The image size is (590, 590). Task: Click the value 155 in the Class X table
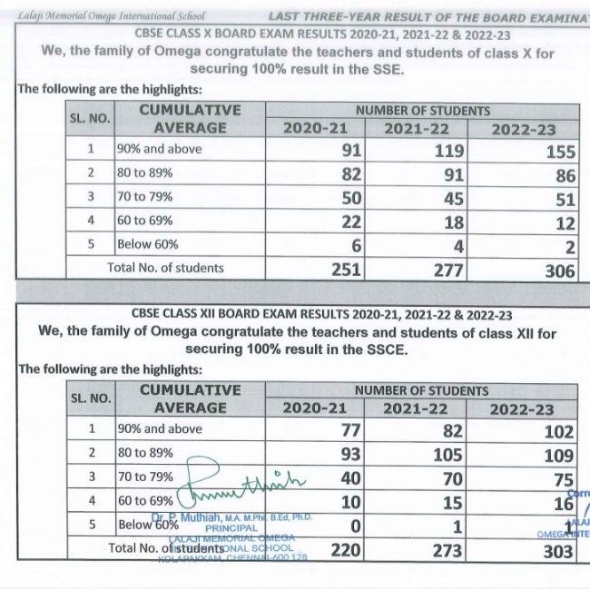point(561,153)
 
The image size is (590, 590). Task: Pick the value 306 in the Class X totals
point(560,271)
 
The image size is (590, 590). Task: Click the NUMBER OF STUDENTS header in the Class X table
point(422,111)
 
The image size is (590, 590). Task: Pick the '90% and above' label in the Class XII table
point(159,429)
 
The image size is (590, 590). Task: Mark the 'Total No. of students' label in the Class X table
point(166,268)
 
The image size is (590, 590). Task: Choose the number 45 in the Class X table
point(452,199)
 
